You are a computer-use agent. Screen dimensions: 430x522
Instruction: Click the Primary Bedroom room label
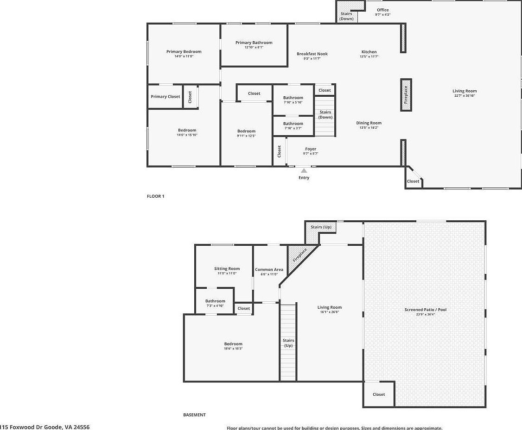pos(184,52)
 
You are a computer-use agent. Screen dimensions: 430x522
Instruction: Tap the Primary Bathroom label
pos(254,43)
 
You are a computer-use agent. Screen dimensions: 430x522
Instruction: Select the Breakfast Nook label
pos(312,54)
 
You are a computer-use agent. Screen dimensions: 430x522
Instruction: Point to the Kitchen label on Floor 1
pos(369,52)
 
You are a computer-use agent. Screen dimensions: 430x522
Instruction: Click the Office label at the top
pos(382,10)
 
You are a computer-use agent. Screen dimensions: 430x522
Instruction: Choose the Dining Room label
pos(369,123)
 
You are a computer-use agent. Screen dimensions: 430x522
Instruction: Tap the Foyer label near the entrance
pos(311,149)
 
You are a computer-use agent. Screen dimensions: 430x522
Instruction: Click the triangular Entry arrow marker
pos(304,171)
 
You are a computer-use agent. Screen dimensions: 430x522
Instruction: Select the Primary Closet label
pos(166,97)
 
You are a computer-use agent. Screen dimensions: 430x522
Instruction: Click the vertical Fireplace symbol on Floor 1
pos(406,95)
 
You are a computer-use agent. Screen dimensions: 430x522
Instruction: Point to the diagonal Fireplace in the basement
pos(299,256)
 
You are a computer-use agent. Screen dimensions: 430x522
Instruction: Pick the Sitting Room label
pos(227,268)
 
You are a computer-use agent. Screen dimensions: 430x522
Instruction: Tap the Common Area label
pos(269,269)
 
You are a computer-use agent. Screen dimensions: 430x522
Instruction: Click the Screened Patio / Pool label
pos(425,310)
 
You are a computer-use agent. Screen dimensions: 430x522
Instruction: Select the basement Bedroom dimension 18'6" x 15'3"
pos(233,349)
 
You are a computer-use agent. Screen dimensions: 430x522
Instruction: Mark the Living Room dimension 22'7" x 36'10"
pos(465,96)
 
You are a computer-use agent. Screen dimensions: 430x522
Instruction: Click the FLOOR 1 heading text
pos(156,196)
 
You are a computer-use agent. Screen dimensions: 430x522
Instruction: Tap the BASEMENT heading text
pos(194,415)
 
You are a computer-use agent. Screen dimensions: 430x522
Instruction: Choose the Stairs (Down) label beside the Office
pos(346,16)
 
